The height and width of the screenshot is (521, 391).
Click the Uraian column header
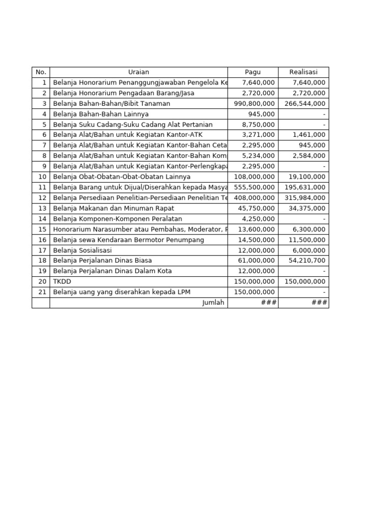click(x=138, y=72)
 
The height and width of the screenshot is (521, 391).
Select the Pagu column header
click(x=253, y=72)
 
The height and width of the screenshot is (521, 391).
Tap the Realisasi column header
click(x=303, y=72)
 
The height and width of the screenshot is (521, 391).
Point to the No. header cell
click(x=41, y=72)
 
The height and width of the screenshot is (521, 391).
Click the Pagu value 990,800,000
click(x=255, y=104)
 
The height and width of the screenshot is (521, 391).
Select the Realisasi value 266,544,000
click(x=305, y=104)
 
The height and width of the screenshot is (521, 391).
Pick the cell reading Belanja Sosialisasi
click(x=82, y=250)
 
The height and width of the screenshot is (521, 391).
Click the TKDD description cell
click(x=62, y=281)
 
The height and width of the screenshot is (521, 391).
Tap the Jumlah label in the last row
click(x=213, y=303)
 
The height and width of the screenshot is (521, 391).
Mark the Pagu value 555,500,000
click(x=255, y=187)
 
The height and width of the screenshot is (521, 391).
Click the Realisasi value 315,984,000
click(x=305, y=198)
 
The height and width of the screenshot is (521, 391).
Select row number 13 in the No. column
click(x=42, y=208)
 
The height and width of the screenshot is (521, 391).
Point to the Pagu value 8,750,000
click(x=258, y=125)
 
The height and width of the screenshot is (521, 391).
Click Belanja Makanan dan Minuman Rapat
click(x=114, y=208)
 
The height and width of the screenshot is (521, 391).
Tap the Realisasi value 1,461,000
click(x=309, y=135)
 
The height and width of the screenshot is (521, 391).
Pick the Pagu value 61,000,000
click(x=257, y=260)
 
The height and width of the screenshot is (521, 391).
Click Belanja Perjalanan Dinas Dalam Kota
click(x=113, y=271)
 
